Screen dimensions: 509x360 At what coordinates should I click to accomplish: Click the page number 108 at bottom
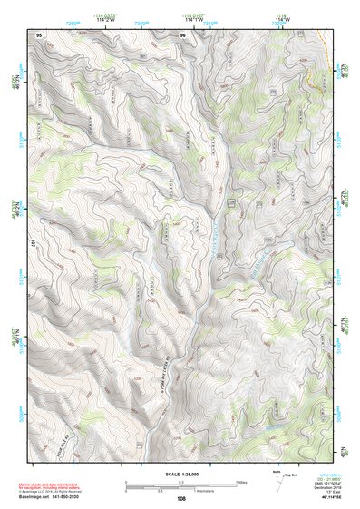[181, 499]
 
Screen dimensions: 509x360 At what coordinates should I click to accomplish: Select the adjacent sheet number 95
[38, 34]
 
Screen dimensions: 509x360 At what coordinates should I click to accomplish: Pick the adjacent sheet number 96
[182, 34]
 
